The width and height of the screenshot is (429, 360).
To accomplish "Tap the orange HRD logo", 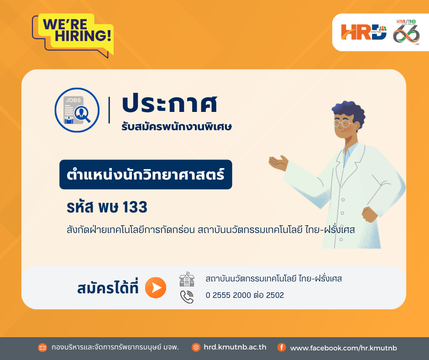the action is point(364,32).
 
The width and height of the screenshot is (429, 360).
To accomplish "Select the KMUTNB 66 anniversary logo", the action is point(407,32).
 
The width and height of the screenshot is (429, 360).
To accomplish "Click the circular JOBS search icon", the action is point(77,110).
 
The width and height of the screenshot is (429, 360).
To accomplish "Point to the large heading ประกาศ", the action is point(170,104).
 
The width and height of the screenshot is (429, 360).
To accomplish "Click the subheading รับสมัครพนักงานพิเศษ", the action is point(177,127).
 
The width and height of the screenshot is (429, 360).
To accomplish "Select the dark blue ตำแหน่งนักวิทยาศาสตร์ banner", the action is point(146,175).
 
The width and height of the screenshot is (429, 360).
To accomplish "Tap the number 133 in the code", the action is point(135,207).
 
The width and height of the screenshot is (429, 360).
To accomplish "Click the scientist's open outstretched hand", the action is point(278,163).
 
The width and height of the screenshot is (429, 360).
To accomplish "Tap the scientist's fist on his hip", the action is point(369,214).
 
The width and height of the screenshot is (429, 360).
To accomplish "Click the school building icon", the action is point(187,279).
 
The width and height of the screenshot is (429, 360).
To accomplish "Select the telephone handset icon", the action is point(187,297).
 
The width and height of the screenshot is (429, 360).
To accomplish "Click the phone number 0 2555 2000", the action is point(228,295).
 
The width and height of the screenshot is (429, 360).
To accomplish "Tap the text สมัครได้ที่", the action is point(108,288).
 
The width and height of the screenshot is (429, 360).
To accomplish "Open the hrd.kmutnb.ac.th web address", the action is point(235,347).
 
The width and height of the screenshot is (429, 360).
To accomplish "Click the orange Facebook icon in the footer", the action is point(282,347).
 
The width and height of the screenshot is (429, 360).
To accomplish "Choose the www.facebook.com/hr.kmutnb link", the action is point(343,348).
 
